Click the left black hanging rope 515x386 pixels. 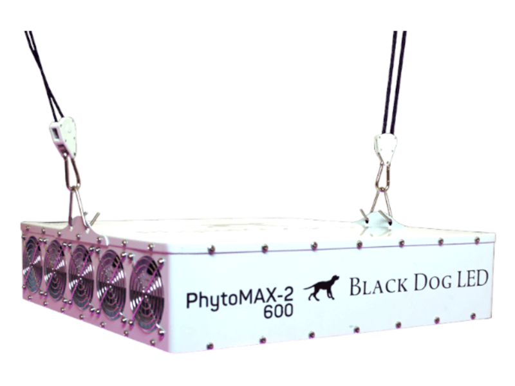(x=42, y=71)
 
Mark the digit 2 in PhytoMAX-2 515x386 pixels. (x=287, y=297)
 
